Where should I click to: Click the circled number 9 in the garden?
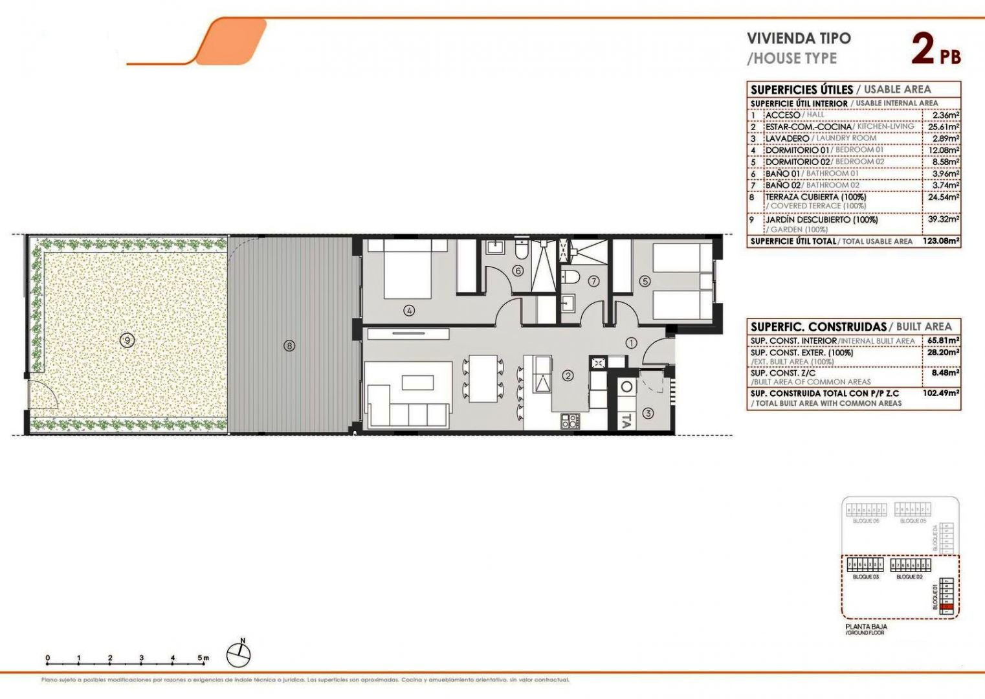click(x=127, y=339)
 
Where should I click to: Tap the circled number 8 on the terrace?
click(x=289, y=346)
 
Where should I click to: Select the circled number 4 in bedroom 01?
click(x=409, y=311)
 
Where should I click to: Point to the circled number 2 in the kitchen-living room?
click(x=568, y=375)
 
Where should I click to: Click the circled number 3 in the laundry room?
click(x=648, y=413)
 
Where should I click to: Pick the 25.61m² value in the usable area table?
click(x=946, y=127)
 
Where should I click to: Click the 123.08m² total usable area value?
click(x=941, y=241)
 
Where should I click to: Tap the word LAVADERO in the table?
click(x=787, y=139)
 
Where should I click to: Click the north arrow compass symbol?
click(x=239, y=655)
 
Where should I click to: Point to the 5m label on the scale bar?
click(x=203, y=658)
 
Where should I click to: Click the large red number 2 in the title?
click(x=923, y=49)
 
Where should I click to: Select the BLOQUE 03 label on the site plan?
click(x=865, y=577)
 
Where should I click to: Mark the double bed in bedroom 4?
click(x=407, y=269)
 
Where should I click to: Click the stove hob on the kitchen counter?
click(x=570, y=421)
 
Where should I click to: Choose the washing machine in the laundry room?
click(x=626, y=388)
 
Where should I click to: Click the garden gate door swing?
click(x=40, y=395)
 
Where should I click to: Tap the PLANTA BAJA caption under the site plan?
click(x=866, y=627)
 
